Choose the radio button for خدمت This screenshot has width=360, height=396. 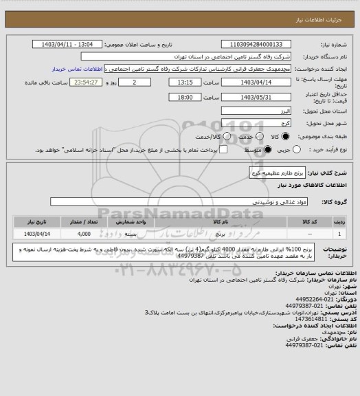[x=246, y=135]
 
